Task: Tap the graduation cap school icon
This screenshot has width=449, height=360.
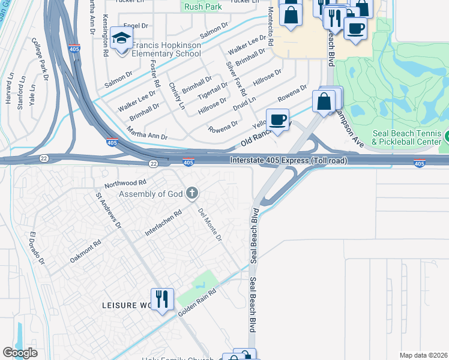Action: click(122, 40)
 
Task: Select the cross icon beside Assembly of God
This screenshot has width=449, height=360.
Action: click(191, 193)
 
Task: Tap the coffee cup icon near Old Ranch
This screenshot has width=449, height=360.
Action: click(277, 119)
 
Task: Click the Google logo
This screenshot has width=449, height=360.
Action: click(20, 353)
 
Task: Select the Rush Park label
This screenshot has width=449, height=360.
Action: click(202, 7)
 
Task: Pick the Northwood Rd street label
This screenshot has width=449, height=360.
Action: click(125, 182)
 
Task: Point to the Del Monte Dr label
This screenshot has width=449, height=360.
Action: click(210, 223)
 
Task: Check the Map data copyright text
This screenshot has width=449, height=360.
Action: click(423, 355)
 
